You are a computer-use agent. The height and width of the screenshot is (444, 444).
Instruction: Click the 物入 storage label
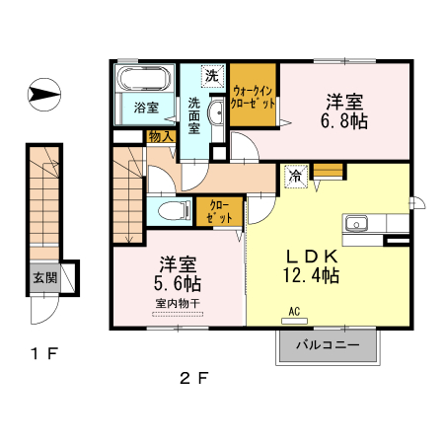click(x=161, y=136)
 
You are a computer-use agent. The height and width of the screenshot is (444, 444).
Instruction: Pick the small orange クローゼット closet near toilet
click(x=218, y=210)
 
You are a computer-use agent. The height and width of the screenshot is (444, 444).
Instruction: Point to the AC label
click(x=293, y=311)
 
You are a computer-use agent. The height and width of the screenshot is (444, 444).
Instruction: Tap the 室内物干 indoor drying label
click(x=177, y=303)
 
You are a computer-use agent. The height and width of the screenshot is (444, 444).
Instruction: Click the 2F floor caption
click(x=192, y=376)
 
